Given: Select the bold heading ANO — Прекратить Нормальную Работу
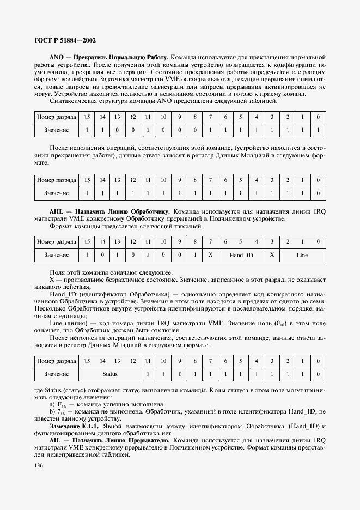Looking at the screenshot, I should pyautogui.click(x=109, y=57).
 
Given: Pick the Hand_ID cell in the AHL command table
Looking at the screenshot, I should pyautogui.click(x=241, y=254).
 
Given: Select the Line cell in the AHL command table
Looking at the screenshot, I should pyautogui.click(x=302, y=254).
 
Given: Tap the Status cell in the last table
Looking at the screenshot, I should pyautogui.click(x=109, y=374).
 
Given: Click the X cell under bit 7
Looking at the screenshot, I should pyautogui.click(x=210, y=254).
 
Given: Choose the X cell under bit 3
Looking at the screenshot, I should pyautogui.click(x=271, y=254).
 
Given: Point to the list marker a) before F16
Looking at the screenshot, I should pyautogui.click(x=52, y=404).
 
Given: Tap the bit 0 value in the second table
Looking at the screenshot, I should pyautogui.click(x=318, y=193).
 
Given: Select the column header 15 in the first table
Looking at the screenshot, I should pyautogui.click(x=87, y=117).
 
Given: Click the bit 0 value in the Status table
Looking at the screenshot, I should pyautogui.click(x=318, y=374).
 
